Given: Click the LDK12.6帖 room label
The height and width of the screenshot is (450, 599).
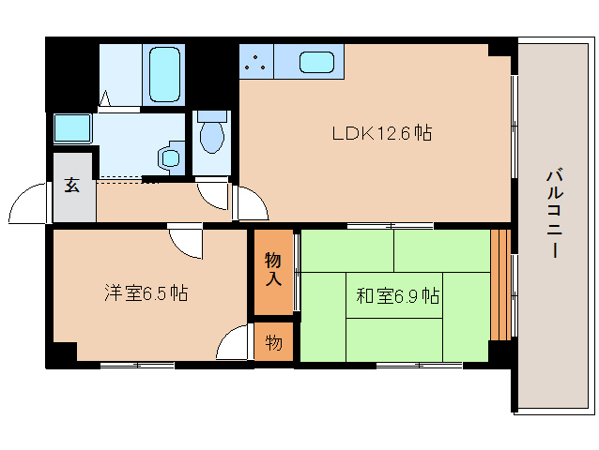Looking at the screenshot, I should tap(381, 134).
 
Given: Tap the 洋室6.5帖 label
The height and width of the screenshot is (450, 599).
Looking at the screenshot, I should tap(146, 293).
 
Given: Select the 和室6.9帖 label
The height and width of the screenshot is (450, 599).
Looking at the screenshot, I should tap(398, 296).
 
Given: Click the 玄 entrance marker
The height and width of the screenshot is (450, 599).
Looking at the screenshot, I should tap(72, 185).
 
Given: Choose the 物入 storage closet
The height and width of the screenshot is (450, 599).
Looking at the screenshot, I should tap(273, 268).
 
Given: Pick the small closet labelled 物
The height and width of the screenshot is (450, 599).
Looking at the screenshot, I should tap(273, 342).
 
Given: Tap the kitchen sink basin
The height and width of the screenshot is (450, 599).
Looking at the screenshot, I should tap(316, 63).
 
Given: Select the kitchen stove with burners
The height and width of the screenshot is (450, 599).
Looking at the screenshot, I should tap(256, 63).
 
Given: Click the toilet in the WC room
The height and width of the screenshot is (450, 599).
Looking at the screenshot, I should tap(213, 136).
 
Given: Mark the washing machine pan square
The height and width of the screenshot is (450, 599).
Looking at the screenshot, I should tap(71, 127).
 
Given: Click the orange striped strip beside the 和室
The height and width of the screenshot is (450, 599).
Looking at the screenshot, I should tap(499, 284).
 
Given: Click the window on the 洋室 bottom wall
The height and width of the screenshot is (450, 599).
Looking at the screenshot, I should tap(137, 365).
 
